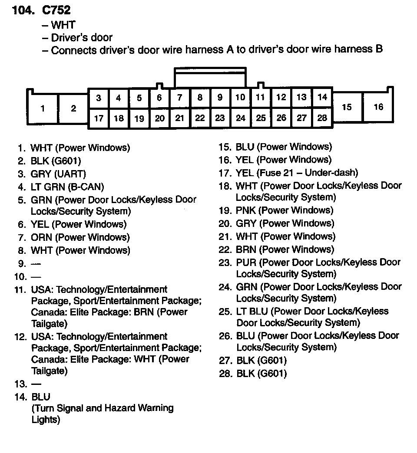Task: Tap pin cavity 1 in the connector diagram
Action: [x=43, y=108]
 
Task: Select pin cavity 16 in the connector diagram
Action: [x=378, y=107]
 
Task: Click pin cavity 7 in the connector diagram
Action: [x=179, y=98]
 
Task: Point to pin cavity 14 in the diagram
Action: [x=322, y=97]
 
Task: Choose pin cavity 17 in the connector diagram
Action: [x=99, y=118]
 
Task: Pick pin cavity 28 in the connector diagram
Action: [x=322, y=118]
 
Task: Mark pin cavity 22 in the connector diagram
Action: [x=200, y=118]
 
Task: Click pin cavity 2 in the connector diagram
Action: [x=73, y=108]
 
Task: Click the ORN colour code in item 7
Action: [x=41, y=237]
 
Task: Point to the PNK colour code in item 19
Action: [x=246, y=210]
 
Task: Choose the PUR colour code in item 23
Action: [x=246, y=263]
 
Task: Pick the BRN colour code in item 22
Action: [x=246, y=249]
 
